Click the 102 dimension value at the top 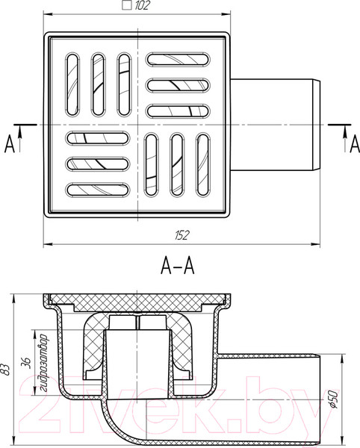[x=142, y=5]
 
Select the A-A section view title [x=178, y=265]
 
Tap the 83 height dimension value [x=6, y=370]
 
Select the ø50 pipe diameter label [x=333, y=399]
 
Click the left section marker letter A [x=10, y=144]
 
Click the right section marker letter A [x=355, y=144]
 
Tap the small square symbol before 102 [x=126, y=5]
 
